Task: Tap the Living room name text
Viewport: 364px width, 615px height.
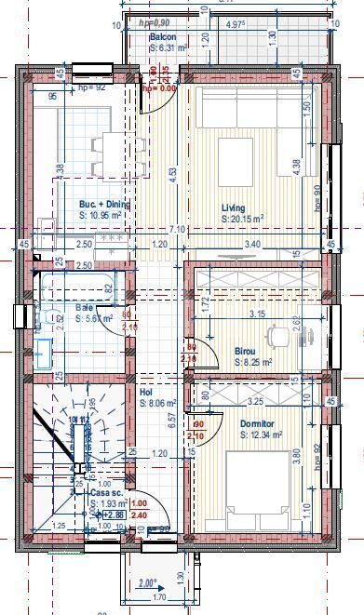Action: coord(233,207)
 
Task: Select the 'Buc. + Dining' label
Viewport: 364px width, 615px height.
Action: coord(104,204)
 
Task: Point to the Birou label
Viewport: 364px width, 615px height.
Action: coord(245,351)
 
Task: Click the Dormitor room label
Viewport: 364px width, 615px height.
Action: coord(257,423)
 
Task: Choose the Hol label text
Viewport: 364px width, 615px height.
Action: coord(146,393)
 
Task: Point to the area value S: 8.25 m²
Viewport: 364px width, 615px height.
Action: coord(252,362)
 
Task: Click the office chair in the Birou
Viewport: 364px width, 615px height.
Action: coord(276,335)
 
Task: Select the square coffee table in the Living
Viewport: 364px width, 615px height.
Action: coord(230,152)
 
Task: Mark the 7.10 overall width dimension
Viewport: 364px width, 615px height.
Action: coord(176,229)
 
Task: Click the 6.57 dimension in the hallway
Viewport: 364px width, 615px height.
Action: coord(171,421)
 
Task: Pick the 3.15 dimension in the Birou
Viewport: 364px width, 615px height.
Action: coord(257,314)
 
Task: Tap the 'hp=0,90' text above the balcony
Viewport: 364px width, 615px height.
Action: coord(154,22)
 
